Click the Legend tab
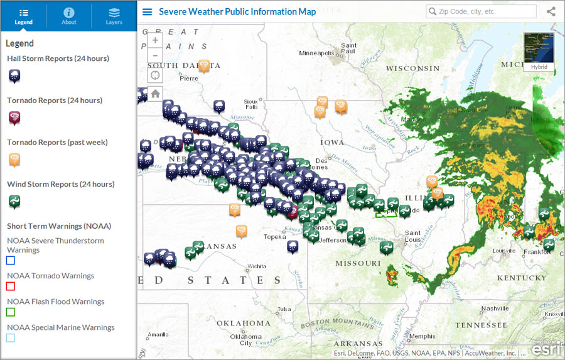click(23, 16)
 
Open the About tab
click(69, 16)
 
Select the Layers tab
click(114, 16)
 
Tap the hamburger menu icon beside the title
click(148, 12)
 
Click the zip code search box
click(482, 11)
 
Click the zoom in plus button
click(155, 40)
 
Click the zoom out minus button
click(155, 56)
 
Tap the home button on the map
click(155, 94)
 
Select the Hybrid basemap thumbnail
click(539, 52)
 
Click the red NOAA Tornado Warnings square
click(11, 286)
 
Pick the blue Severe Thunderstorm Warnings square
click(11, 260)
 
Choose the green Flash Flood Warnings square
click(11, 312)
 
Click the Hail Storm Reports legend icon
click(14, 76)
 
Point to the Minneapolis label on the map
click(316, 53)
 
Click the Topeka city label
click(274, 237)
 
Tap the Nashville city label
click(495, 308)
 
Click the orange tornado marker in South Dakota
click(204, 66)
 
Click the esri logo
click(545, 348)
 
